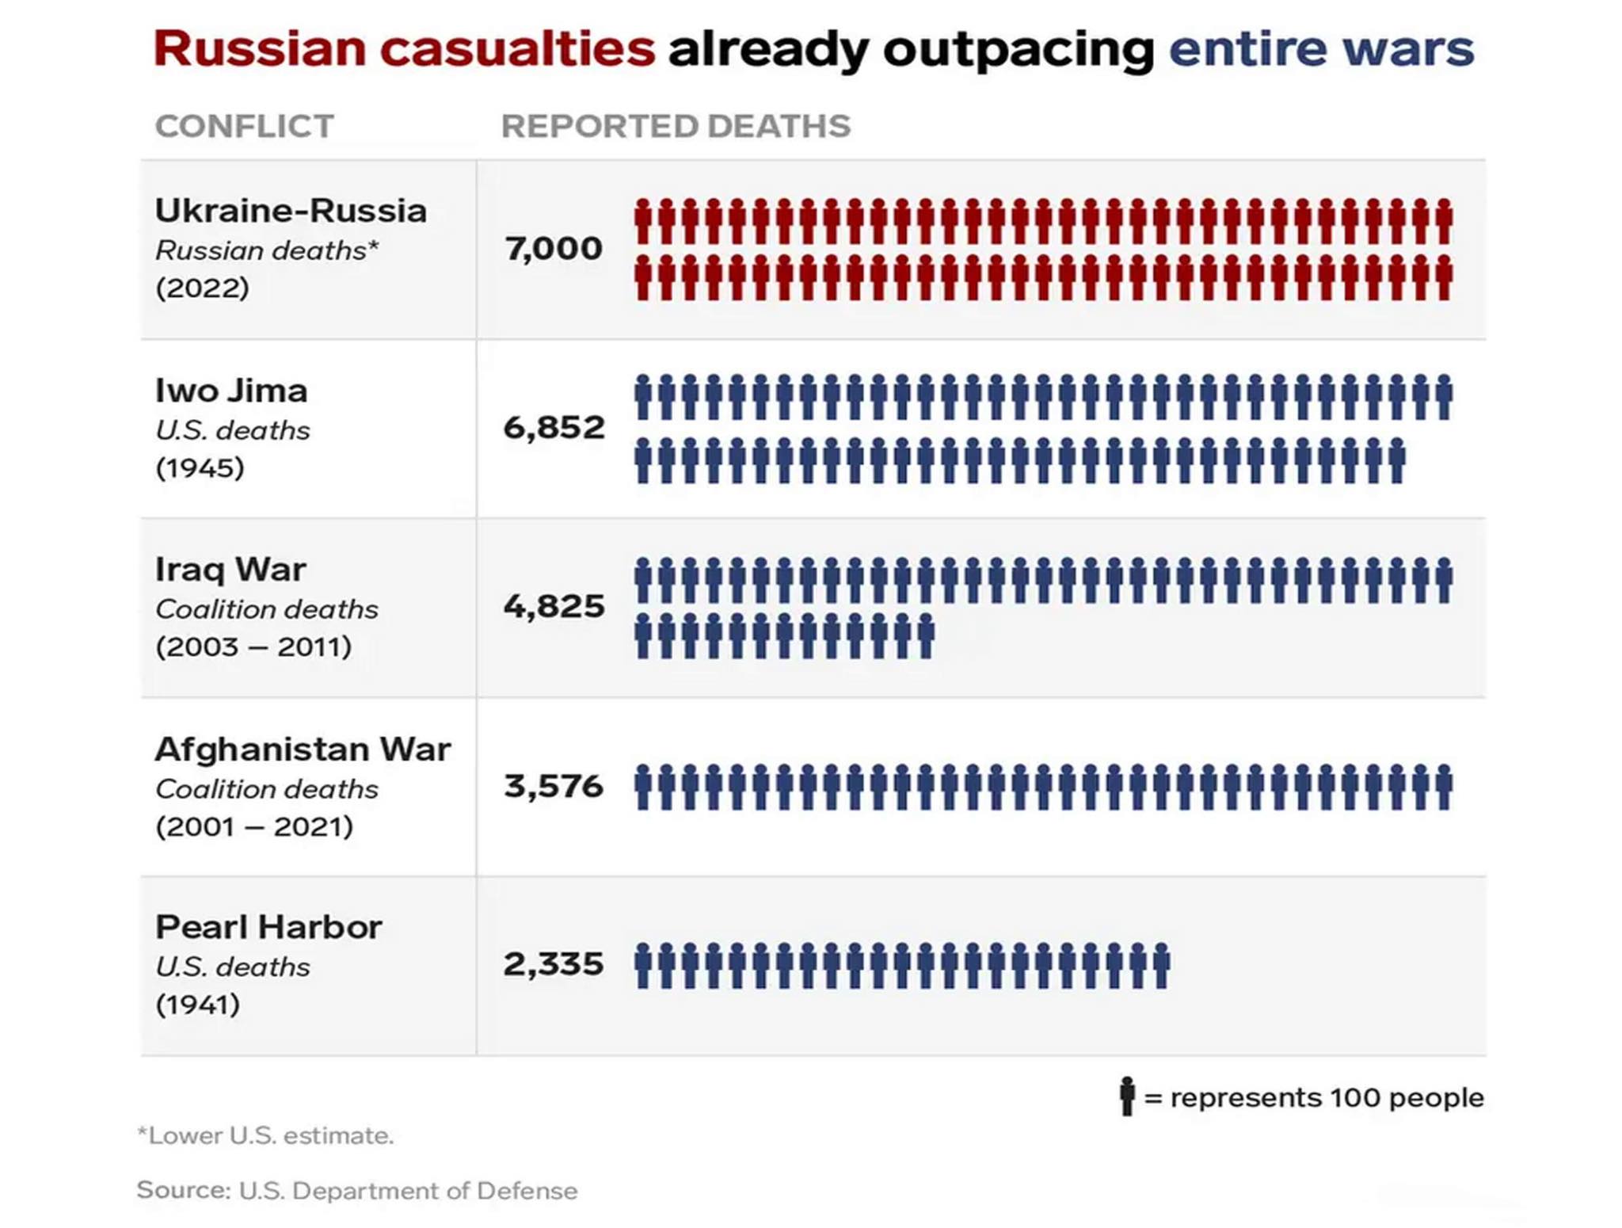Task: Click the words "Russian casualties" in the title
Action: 404,49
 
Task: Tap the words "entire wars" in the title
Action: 1321,49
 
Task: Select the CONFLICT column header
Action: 245,127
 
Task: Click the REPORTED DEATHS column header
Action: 676,127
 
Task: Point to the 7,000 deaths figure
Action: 554,249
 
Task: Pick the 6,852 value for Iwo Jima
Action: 554,428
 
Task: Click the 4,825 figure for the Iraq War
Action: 554,607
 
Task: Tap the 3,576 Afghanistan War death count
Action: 554,786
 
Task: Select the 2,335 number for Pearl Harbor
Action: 554,964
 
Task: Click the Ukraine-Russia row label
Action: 291,211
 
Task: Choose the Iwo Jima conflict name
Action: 231,391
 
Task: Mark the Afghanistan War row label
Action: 303,749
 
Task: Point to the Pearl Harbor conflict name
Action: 268,927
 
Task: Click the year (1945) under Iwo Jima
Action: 200,467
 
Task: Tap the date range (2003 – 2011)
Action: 253,646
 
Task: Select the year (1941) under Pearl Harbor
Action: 198,1005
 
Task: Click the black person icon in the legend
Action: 1126,1096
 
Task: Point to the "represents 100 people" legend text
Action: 1327,1098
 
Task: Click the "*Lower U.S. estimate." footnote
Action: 265,1135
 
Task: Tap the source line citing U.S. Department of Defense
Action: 357,1191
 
